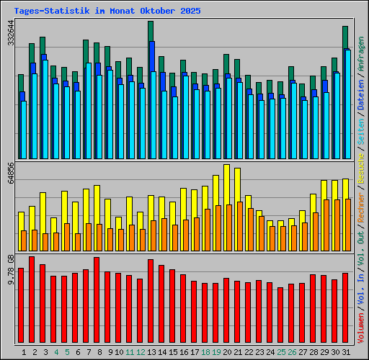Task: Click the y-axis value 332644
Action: (10, 33)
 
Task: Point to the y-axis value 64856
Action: (10, 173)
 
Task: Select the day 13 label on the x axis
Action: (151, 352)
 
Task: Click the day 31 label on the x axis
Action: (346, 352)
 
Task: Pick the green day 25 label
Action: (280, 352)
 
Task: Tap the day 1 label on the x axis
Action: (25, 352)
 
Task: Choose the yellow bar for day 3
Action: (43, 212)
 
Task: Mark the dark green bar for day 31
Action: (345, 36)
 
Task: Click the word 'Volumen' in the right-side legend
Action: (361, 326)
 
